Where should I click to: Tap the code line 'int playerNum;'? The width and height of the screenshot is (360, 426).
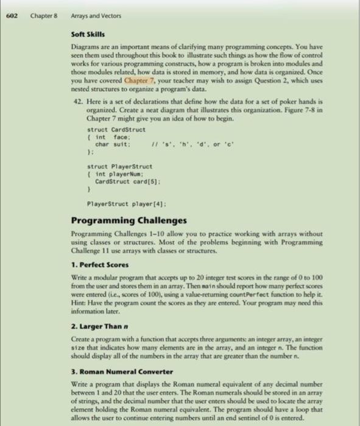point(120,174)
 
